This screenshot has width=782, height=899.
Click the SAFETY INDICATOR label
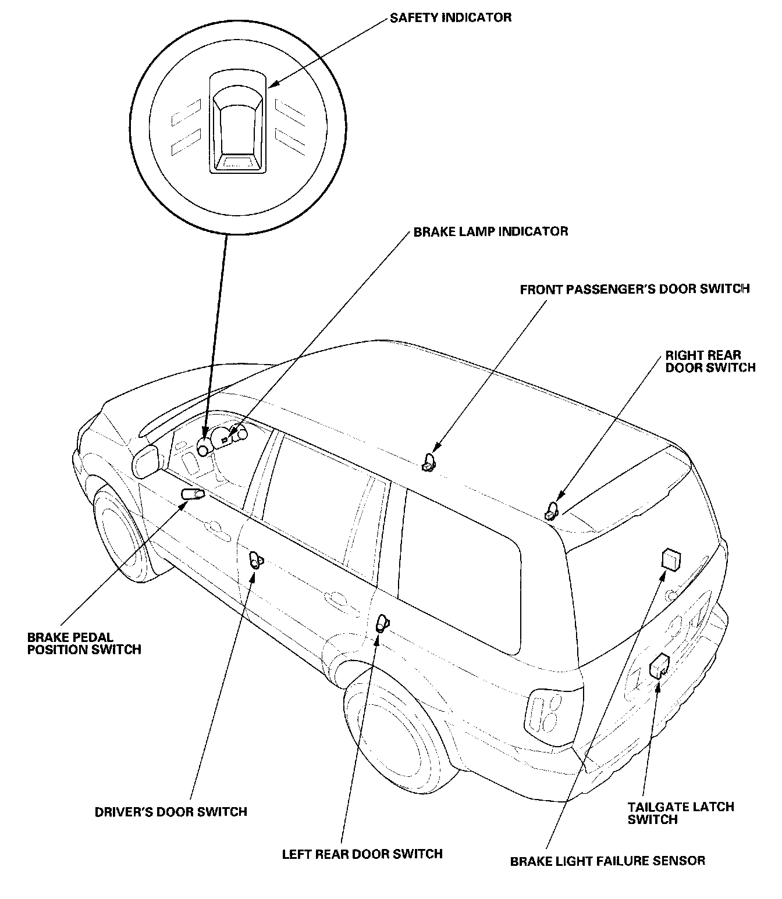(x=450, y=17)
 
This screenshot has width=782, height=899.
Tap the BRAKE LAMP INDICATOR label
(x=490, y=231)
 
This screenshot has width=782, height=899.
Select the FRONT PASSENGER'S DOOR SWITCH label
(x=634, y=288)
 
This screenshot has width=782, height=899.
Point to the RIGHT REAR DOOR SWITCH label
(x=710, y=361)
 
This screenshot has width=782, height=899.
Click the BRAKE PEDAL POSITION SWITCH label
(x=84, y=643)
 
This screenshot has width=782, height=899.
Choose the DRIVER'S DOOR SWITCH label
(x=171, y=812)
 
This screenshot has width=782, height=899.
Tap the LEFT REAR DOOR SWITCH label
(x=362, y=854)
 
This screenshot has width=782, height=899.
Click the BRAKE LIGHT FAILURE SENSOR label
(x=607, y=861)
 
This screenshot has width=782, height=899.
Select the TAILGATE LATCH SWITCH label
(x=681, y=813)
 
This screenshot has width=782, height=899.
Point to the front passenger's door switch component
(x=429, y=462)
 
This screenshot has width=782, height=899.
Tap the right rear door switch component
(x=552, y=511)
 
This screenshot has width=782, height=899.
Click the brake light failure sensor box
(x=670, y=559)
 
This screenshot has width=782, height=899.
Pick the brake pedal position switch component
(x=193, y=494)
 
